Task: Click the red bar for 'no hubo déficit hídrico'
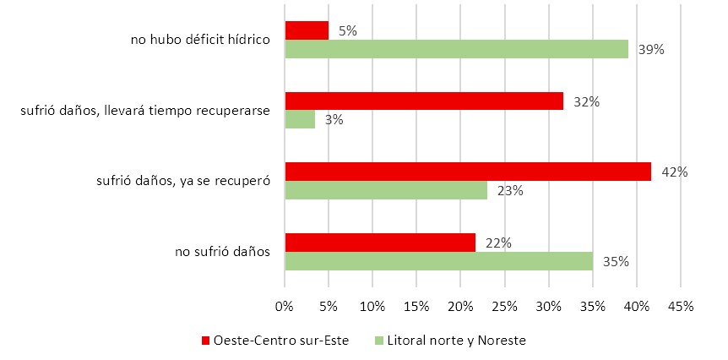(x=307, y=30)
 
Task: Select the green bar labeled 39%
(x=456, y=49)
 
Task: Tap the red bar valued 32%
(x=424, y=101)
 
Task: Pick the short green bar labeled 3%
(x=300, y=120)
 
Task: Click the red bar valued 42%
(x=468, y=172)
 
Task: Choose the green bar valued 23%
(x=386, y=190)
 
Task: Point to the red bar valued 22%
(x=380, y=243)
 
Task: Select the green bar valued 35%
(x=438, y=261)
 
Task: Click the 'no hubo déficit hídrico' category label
(x=199, y=39)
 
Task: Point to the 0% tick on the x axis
(x=285, y=306)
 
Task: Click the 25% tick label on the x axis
(x=505, y=306)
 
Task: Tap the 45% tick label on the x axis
(x=681, y=306)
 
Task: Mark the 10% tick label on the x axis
(x=373, y=306)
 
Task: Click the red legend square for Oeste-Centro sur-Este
(x=204, y=341)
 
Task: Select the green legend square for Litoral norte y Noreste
(x=378, y=341)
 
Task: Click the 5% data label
(x=346, y=31)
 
